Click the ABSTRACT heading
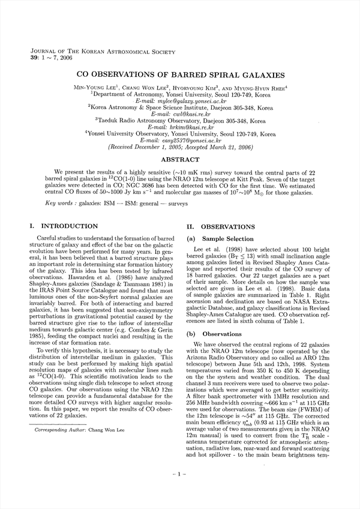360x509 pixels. [x=181, y=160]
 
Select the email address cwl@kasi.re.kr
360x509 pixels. [x=181, y=114]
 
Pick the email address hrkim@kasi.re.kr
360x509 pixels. [x=181, y=127]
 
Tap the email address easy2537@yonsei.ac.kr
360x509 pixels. [x=180, y=140]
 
